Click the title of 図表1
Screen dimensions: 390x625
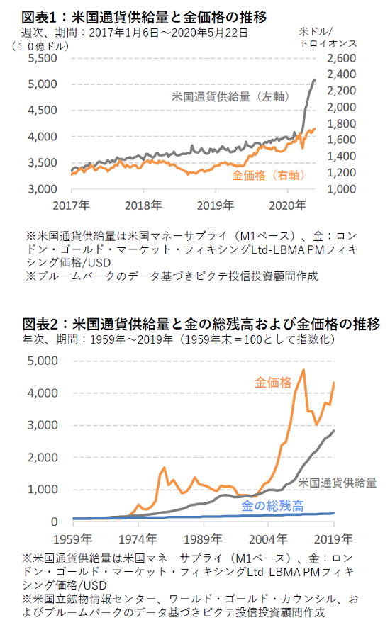coord(145,17)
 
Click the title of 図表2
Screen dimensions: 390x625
coord(201,324)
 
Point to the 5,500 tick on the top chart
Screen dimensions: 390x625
coord(43,58)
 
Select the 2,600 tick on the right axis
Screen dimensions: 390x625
coord(341,58)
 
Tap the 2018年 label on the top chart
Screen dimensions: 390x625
coord(143,205)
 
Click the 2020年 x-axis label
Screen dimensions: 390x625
coord(287,205)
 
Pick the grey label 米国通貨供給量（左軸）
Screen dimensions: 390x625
coord(230,97)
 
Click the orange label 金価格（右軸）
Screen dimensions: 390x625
coord(268,176)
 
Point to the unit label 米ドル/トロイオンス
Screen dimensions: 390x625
coord(328,38)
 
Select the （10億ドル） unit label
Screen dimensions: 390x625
coord(40,46)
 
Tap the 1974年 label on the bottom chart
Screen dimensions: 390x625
coord(138,539)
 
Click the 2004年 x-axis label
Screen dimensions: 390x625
coord(268,539)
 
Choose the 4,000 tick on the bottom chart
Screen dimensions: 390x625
coord(43,393)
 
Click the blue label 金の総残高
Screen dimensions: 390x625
coord(272,506)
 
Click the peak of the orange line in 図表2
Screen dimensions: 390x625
coord(304,370)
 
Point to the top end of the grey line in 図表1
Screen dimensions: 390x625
coord(314,81)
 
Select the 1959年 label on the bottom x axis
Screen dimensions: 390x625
coord(73,539)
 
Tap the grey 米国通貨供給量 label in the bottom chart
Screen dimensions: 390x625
coord(338,483)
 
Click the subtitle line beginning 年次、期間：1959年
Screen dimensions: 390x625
coord(179,339)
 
